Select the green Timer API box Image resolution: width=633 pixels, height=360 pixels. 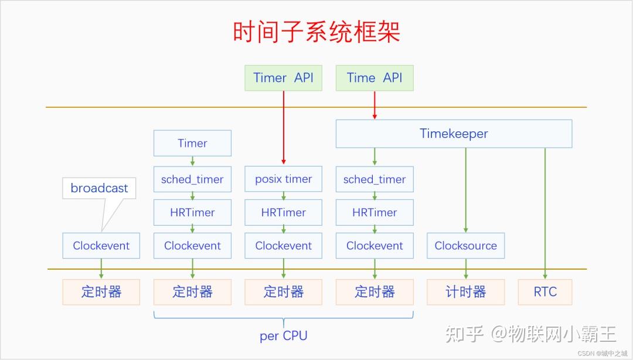(283, 78)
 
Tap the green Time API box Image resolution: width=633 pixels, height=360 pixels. (375, 78)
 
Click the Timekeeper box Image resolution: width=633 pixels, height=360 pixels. (454, 134)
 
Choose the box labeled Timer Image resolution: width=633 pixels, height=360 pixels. (192, 143)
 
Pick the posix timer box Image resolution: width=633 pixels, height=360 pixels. (283, 179)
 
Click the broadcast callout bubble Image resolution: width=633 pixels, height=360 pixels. (99, 188)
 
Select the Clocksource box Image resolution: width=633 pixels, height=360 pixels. (465, 246)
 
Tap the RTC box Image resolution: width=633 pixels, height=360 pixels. (545, 292)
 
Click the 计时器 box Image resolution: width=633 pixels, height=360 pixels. (465, 292)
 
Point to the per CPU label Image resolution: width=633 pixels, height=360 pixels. (283, 336)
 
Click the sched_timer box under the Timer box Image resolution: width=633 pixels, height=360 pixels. (192, 179)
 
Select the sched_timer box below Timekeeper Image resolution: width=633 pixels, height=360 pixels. (375, 179)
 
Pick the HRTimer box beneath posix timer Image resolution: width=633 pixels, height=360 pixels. (283, 212)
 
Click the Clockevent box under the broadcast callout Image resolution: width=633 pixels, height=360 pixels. (101, 246)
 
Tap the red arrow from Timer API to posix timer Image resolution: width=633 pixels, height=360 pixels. (283, 126)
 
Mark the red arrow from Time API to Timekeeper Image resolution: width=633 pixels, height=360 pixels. (375, 106)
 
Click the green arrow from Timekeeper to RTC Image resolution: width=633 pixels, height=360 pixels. (545, 211)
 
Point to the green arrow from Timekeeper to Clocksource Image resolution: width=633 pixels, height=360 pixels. (466, 188)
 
